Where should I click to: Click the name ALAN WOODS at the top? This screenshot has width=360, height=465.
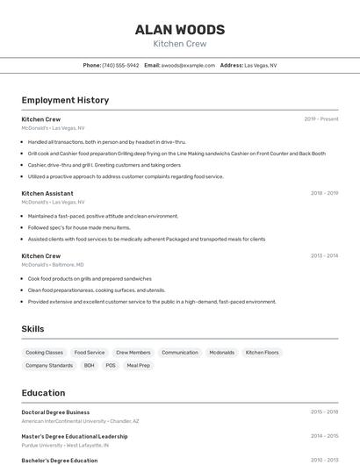coord(180,29)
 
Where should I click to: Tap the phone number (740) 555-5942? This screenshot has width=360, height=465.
coord(120,65)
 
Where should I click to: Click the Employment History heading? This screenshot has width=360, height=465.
coord(65,100)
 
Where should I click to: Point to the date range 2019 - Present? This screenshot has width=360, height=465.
coord(321,119)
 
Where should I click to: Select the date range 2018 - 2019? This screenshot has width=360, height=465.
coord(324,193)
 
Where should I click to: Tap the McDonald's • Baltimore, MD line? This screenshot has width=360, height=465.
coord(53,264)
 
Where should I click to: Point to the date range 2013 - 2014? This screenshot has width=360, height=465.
coord(324,256)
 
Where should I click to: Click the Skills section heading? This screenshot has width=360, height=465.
coord(33,329)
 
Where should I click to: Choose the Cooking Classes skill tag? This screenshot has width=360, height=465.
coord(44,353)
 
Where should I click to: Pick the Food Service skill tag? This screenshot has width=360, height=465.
coord(90,353)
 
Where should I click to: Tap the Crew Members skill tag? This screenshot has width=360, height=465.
coord(133,353)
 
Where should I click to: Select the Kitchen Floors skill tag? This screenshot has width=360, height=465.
coord(262,353)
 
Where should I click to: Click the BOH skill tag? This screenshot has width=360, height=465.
coord(90,365)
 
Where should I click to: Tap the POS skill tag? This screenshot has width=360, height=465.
coord(111,365)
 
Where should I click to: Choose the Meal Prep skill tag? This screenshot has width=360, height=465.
coord(139,365)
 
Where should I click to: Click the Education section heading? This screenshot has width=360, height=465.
coord(43,393)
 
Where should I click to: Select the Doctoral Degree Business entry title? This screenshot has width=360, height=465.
coord(55,411)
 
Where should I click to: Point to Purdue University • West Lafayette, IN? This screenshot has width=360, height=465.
coord(65,445)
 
